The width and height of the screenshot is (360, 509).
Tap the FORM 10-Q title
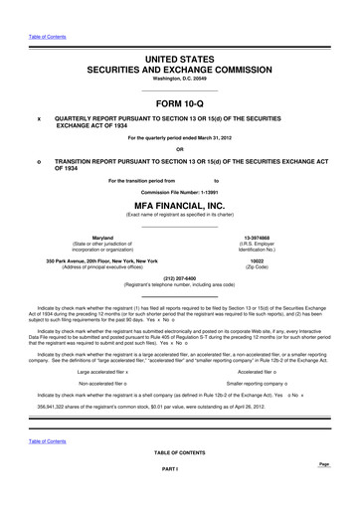point(179,103)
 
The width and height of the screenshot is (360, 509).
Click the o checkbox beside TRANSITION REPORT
point(39,165)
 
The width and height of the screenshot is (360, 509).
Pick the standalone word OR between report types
point(179,150)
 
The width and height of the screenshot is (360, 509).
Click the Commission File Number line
point(179,190)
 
